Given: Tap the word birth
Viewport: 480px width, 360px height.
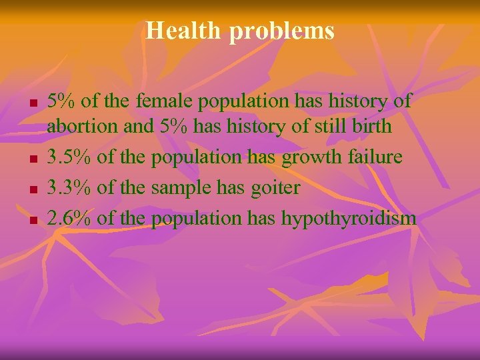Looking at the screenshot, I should pos(369,127).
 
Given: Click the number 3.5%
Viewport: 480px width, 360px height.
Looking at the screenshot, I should pos(71,157).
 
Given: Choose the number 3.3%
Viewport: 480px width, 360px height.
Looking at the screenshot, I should pos(71,187).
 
